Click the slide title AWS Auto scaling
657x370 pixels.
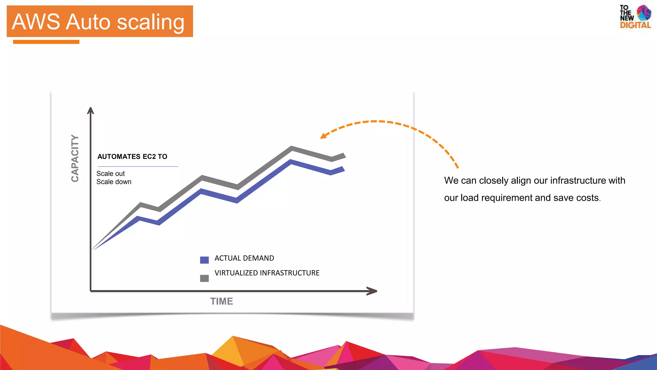tap(98, 22)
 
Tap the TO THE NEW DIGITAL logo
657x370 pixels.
tap(635, 17)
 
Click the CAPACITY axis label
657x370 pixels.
tap(75, 158)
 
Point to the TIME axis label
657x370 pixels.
tap(221, 301)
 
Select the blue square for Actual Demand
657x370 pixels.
tap(204, 260)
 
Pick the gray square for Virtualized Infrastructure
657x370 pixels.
tap(204, 278)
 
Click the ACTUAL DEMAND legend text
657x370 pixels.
tap(244, 258)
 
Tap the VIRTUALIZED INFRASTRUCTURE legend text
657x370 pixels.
tap(267, 273)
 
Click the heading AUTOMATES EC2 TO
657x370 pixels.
tap(132, 157)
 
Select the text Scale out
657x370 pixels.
tap(110, 174)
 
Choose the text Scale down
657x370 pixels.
tap(114, 182)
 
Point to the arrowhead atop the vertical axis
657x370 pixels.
tap(90, 110)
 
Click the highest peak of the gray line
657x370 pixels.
tap(292, 148)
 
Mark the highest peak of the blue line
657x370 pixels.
tap(291, 162)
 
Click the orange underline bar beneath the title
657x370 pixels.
tap(46, 42)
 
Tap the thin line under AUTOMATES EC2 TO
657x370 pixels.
tap(138, 166)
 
